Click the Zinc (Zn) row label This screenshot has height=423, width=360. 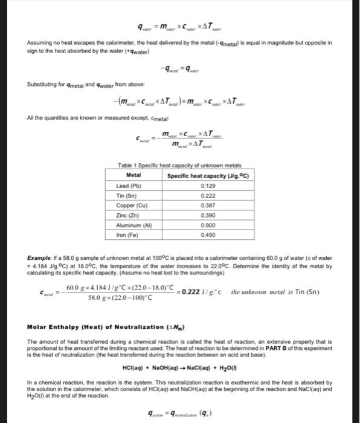(x=126, y=215)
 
